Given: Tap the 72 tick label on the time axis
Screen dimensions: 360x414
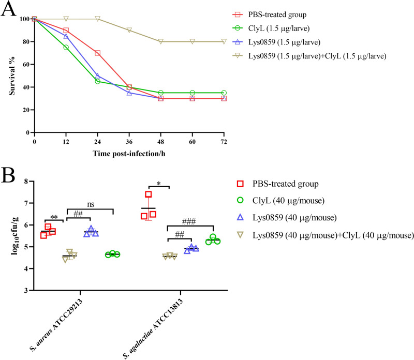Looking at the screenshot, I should [223, 142].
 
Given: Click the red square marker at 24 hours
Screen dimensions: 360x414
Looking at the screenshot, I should [97, 53].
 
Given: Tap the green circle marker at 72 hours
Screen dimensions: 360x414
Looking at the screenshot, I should [223, 93].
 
